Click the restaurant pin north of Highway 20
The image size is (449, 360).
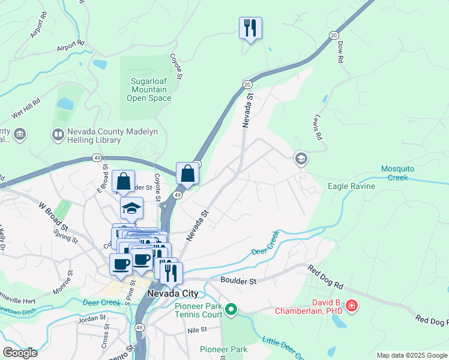pyautogui.click(x=250, y=28)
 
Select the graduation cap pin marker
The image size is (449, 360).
pyautogui.click(x=131, y=208)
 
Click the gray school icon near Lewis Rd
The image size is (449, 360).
pyautogui.click(x=300, y=159)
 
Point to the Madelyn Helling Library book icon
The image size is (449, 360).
pyautogui.click(x=58, y=135)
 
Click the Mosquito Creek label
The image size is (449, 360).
pyautogui.click(x=402, y=173)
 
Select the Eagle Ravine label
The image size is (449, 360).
pyautogui.click(x=351, y=187)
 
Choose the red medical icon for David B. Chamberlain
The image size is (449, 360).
pyautogui.click(x=351, y=307)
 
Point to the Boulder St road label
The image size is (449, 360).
pyautogui.click(x=238, y=280)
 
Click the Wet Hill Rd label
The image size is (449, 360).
pyautogui.click(x=25, y=109)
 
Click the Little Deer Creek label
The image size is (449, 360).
pyautogui.click(x=282, y=348)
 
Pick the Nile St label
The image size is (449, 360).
pyautogui.click(x=196, y=329)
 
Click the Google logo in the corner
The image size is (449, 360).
pyautogui.click(x=20, y=353)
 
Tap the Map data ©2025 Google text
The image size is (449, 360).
pyautogui.click(x=412, y=355)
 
